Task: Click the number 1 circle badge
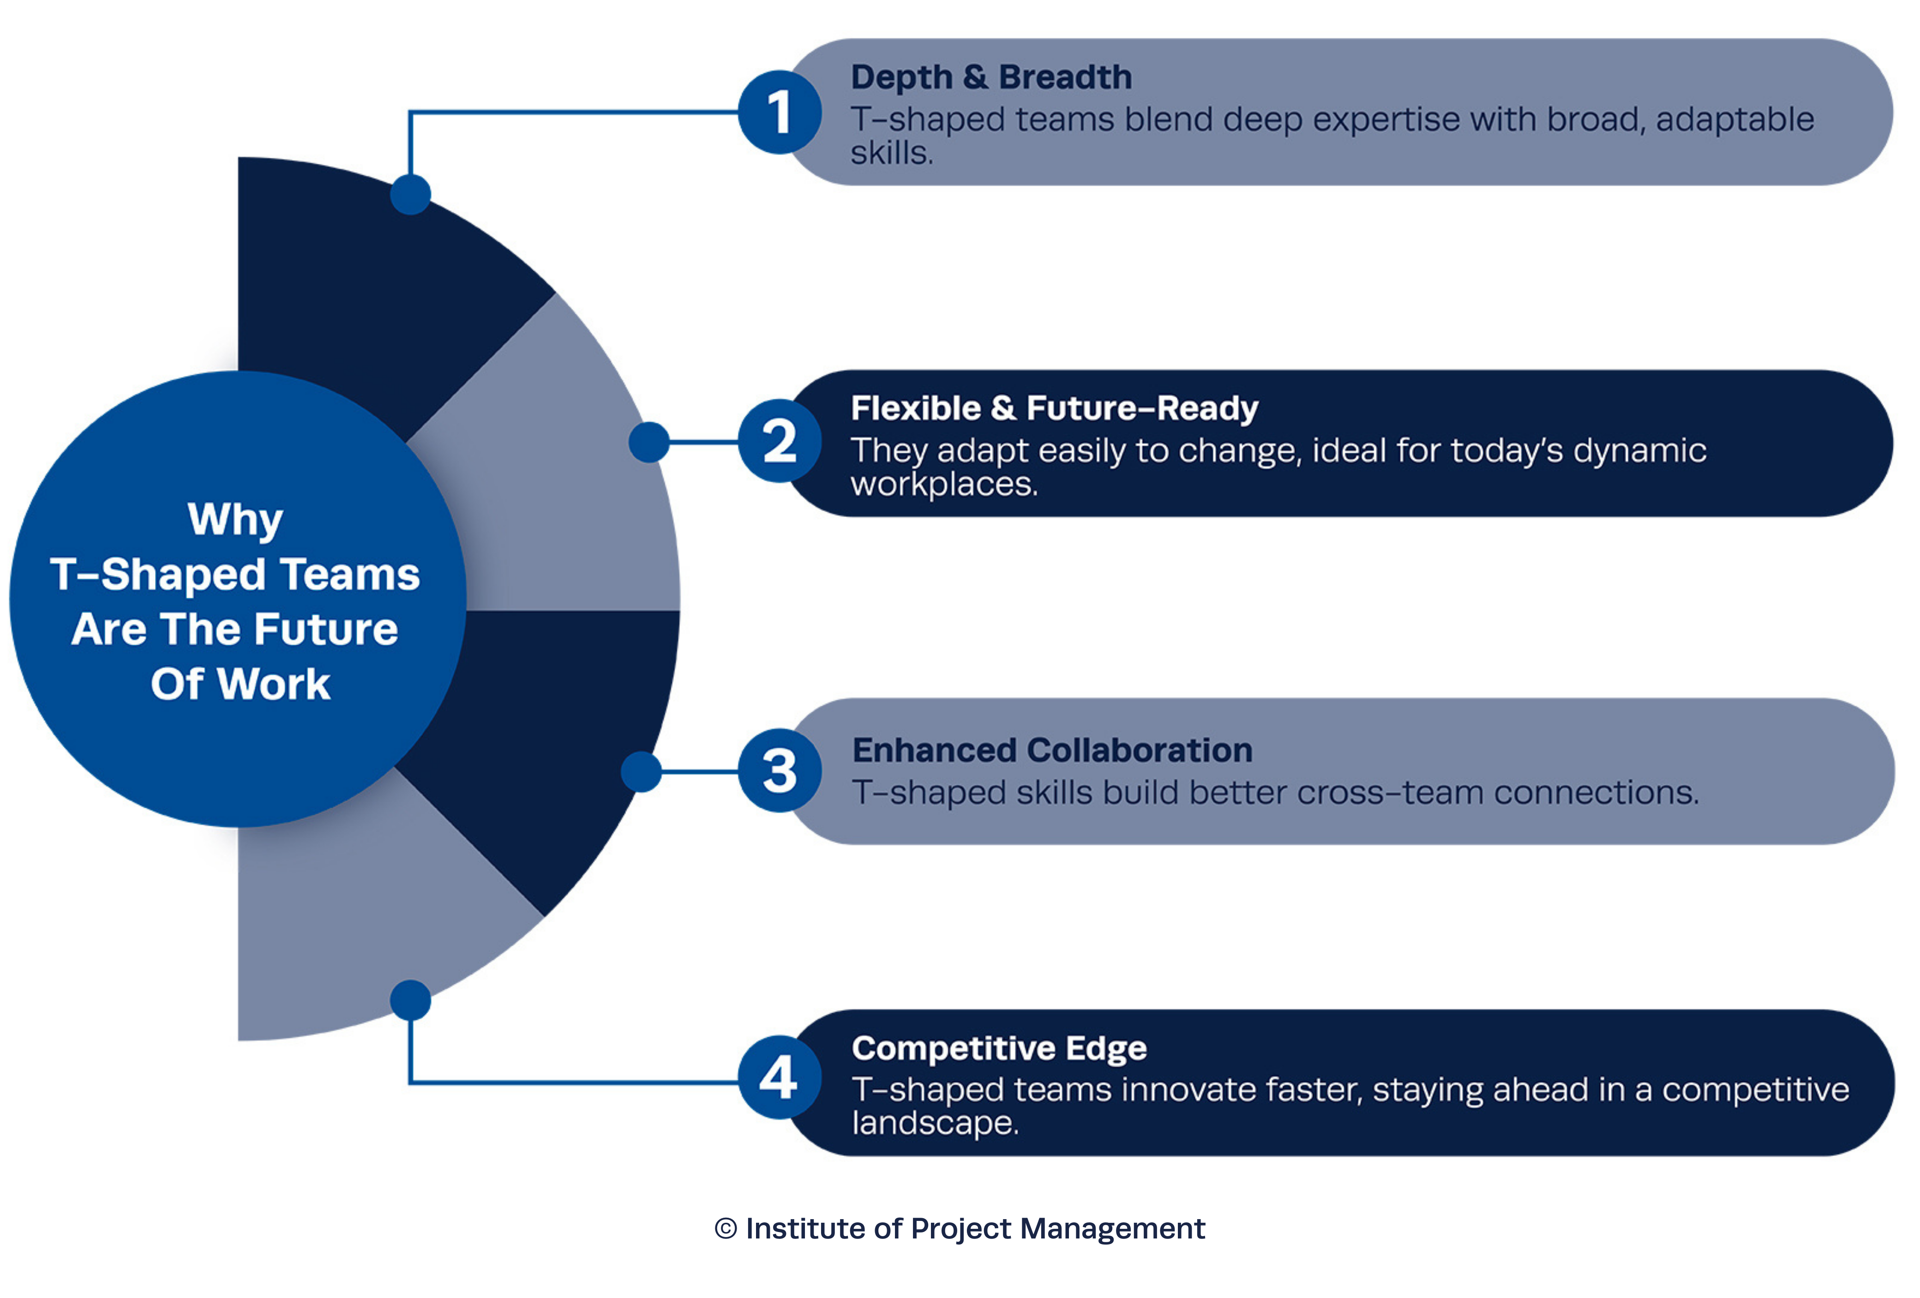[x=779, y=113]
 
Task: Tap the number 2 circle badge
[x=779, y=441]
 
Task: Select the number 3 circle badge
[x=779, y=771]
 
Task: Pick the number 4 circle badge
[x=779, y=1077]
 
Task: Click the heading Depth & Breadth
[x=991, y=78]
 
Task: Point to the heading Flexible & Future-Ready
[x=1054, y=409]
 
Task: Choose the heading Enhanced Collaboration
[x=1052, y=750]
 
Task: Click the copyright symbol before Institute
[x=726, y=1229]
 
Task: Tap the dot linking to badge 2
[x=649, y=442]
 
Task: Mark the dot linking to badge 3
[x=641, y=772]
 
